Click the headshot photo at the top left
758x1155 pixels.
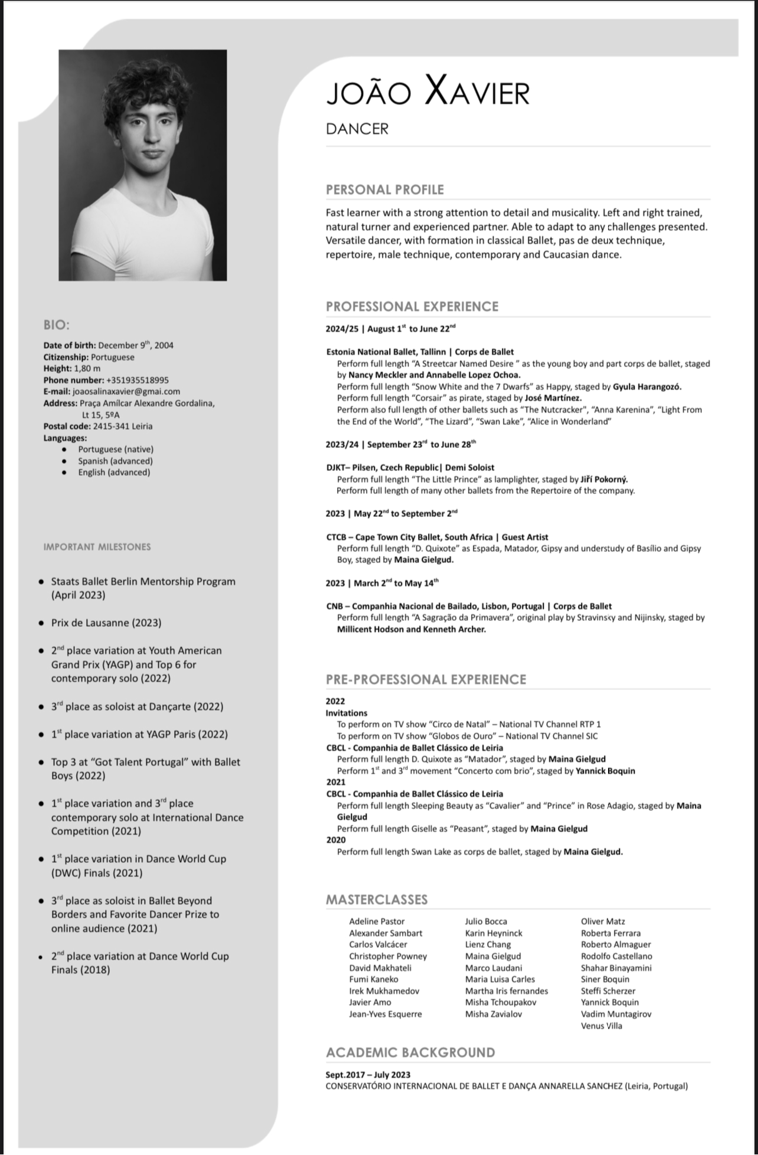click(142, 165)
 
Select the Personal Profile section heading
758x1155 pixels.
click(384, 189)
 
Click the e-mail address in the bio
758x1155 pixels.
click(126, 391)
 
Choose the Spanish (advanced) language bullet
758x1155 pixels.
click(115, 461)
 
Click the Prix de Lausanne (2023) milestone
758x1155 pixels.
click(106, 623)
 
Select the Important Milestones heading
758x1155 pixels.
click(97, 547)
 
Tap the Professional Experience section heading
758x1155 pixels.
click(412, 306)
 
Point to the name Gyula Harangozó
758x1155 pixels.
click(647, 387)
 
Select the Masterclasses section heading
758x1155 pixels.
click(377, 899)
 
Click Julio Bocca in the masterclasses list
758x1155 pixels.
click(486, 921)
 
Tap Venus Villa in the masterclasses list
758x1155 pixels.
click(601, 1026)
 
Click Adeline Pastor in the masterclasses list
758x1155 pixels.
click(377, 921)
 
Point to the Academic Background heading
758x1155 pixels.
click(410, 1052)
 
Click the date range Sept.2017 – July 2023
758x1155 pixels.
click(368, 1075)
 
